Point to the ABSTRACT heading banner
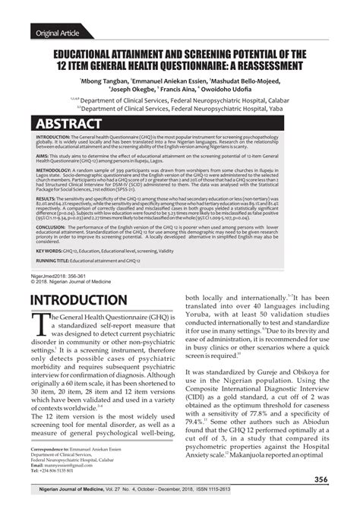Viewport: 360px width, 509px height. click(x=69, y=124)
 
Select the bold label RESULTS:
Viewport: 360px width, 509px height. click(x=49, y=196)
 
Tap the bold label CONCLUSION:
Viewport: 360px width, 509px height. click(x=55, y=226)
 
